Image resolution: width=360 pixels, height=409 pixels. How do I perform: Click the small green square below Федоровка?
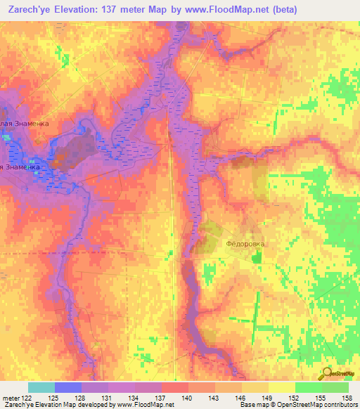point(255,259)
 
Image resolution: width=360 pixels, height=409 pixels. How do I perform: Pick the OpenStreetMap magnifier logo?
point(327,374)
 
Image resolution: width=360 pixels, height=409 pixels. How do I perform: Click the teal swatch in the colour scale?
point(41,387)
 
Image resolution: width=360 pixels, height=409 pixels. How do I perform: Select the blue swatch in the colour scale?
point(68,387)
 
